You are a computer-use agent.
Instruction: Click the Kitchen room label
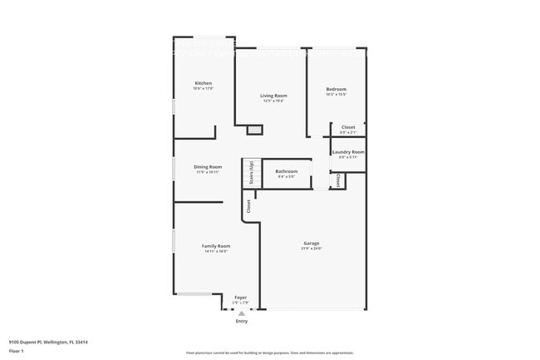tap(203, 83)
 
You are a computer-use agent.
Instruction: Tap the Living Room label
tap(272, 96)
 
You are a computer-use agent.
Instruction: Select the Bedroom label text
tap(336, 89)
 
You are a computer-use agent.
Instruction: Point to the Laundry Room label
tap(348, 151)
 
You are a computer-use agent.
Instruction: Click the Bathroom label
tap(287, 171)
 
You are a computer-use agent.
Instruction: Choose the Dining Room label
tap(208, 166)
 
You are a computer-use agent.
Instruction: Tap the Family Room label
tap(216, 245)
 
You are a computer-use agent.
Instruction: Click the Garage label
tap(312, 244)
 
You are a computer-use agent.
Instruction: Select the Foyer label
tap(240, 297)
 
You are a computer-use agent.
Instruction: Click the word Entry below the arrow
tap(241, 321)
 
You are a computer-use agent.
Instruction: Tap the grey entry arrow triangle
tap(241, 313)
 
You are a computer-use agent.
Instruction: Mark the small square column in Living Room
tap(255, 130)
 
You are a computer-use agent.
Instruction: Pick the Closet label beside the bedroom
tap(348, 127)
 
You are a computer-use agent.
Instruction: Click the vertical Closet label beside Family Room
tap(248, 205)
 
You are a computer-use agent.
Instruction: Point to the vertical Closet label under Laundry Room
tap(338, 180)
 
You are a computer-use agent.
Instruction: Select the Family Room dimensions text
tap(216, 251)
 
